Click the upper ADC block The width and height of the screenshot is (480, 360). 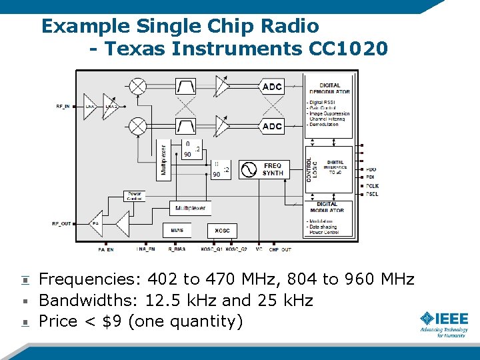coord(273,86)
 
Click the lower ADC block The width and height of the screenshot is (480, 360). coord(273,126)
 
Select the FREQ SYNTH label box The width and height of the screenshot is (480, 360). coord(273,169)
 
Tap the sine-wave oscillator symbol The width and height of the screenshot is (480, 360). coord(248,169)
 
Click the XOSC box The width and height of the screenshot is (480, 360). coord(222,230)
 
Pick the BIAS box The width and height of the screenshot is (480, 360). coord(176,230)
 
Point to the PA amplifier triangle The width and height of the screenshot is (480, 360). coord(96,223)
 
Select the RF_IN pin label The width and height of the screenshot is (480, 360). coord(63,107)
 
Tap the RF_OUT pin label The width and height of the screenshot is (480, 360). coord(62,223)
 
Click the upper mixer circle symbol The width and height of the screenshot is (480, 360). coord(137,86)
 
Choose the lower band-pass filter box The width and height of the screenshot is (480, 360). coord(185,126)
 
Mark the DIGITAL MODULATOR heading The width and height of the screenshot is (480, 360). coord(327,207)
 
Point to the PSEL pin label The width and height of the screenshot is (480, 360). coord(372,194)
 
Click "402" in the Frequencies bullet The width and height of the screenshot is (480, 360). coord(163,279)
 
